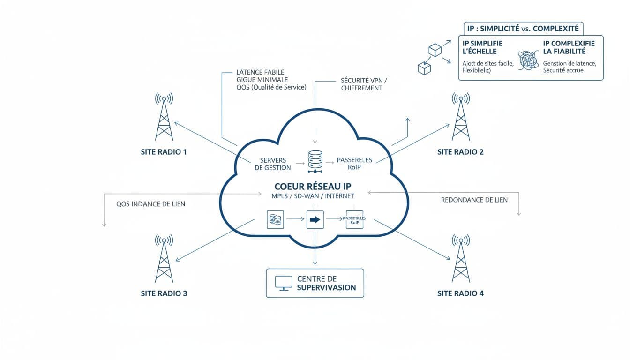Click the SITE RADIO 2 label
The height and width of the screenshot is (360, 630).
[x=460, y=152]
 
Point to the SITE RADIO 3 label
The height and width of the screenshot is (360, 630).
[x=164, y=293]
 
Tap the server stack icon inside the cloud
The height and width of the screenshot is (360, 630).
[x=315, y=160]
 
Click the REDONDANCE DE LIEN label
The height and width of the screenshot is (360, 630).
[x=474, y=200]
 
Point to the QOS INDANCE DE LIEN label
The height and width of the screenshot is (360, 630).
[x=150, y=204]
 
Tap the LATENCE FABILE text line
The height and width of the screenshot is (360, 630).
[x=260, y=73]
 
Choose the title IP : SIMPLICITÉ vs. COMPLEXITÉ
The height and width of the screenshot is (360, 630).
[x=523, y=29]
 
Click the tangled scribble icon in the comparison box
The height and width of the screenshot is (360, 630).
[x=529, y=61]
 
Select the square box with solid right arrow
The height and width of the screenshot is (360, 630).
[x=315, y=219]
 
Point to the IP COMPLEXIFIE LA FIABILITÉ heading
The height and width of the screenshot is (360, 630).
[x=569, y=47]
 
